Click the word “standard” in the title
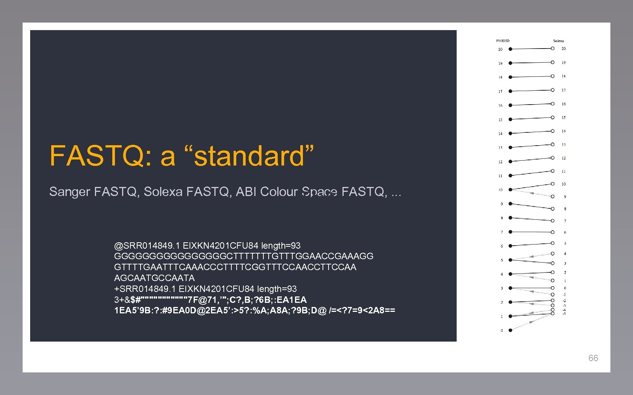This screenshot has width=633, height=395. (x=249, y=156)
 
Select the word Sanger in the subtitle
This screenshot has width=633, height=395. (x=70, y=192)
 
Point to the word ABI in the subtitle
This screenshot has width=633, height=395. (x=246, y=192)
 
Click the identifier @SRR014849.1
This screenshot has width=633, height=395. (x=147, y=246)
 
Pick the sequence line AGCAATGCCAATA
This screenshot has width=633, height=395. (x=154, y=278)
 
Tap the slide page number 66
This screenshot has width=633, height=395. (x=593, y=358)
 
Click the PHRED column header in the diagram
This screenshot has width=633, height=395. (x=503, y=41)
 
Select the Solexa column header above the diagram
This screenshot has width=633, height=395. (x=558, y=41)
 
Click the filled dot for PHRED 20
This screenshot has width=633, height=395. (x=511, y=49)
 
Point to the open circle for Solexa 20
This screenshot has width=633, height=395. (x=552, y=49)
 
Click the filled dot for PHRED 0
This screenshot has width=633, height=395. (x=511, y=330)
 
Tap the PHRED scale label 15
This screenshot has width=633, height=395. (x=500, y=120)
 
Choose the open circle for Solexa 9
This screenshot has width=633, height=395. (x=552, y=196)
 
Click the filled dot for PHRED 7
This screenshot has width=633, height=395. (x=511, y=232)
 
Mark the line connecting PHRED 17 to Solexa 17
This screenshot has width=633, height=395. (x=531, y=91)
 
